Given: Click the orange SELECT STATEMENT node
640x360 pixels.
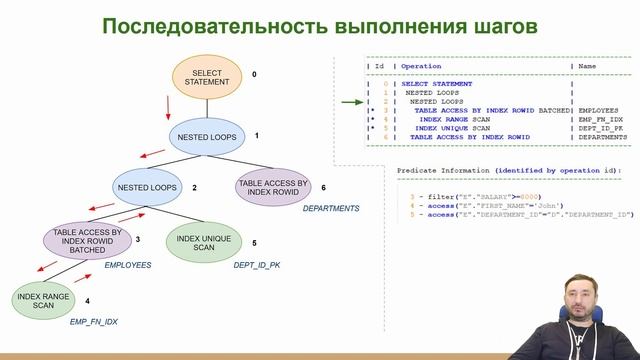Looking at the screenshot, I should tap(207, 76).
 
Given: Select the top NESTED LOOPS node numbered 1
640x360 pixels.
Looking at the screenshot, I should tap(207, 136).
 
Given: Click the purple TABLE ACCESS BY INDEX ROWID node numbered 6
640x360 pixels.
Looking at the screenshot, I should tap(274, 188).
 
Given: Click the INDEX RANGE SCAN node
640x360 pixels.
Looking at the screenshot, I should tap(43, 299).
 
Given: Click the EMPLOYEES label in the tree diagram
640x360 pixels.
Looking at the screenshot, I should tap(128, 266).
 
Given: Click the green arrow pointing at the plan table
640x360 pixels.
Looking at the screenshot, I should tap(351, 101).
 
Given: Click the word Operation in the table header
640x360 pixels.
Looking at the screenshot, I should tap(424, 67).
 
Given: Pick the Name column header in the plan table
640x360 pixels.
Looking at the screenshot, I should tap(586, 67).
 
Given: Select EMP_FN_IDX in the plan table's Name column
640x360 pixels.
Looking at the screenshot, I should tap(598, 118).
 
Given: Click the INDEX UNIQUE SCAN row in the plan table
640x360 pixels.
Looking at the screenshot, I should tap(452, 128).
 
